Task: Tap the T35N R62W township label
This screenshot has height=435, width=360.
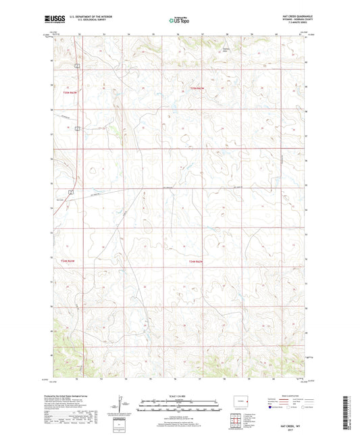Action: pyautogui.click(x=196, y=88)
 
